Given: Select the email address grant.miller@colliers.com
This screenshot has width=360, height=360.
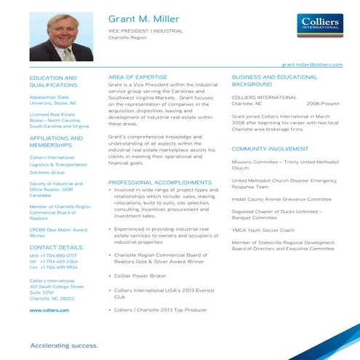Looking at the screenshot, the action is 312,65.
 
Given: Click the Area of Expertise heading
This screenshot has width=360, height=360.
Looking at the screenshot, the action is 137,76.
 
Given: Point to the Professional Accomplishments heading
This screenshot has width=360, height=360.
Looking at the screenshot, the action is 159,182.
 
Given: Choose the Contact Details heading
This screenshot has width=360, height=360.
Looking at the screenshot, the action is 56,247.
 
